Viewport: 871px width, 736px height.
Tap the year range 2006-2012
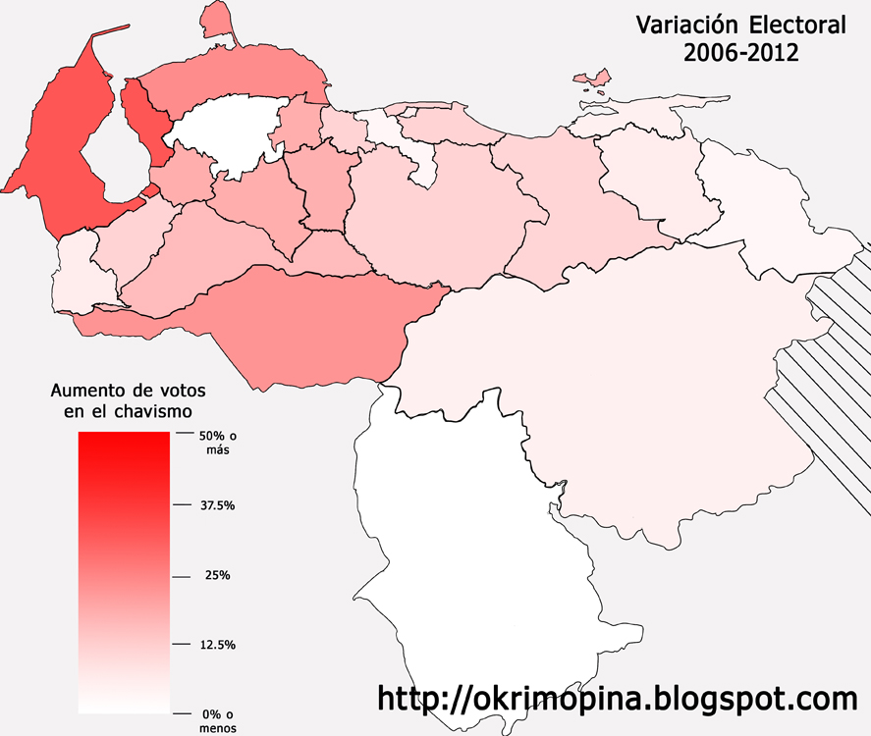[740, 54]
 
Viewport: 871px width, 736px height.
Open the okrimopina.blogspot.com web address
[618, 699]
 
